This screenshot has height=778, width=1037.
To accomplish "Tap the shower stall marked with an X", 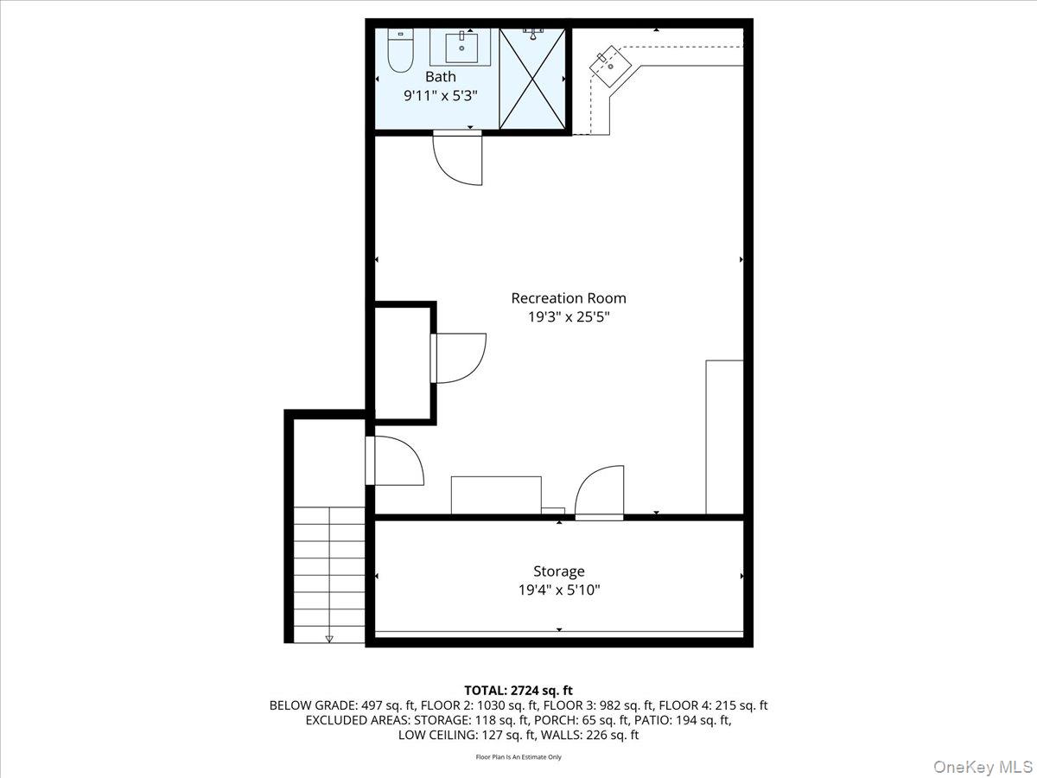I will [532, 80].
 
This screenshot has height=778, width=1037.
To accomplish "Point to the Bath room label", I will [440, 77].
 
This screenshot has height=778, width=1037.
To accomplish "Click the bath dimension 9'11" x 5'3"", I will [440, 97].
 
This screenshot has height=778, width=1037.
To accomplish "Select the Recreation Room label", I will [568, 298].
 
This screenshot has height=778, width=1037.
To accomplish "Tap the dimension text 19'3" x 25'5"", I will [568, 317].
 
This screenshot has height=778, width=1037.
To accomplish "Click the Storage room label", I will [558, 571].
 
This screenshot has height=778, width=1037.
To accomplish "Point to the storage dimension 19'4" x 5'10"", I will [558, 590].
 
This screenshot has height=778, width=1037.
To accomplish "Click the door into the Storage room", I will [600, 493].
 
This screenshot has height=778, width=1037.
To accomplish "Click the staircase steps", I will [329, 571].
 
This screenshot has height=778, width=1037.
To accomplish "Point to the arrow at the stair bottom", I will [329, 639].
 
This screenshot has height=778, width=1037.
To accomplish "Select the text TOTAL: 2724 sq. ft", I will [518, 690].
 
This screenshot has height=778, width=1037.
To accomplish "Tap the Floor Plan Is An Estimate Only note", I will [518, 757].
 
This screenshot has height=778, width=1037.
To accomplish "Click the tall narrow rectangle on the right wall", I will [724, 437].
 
